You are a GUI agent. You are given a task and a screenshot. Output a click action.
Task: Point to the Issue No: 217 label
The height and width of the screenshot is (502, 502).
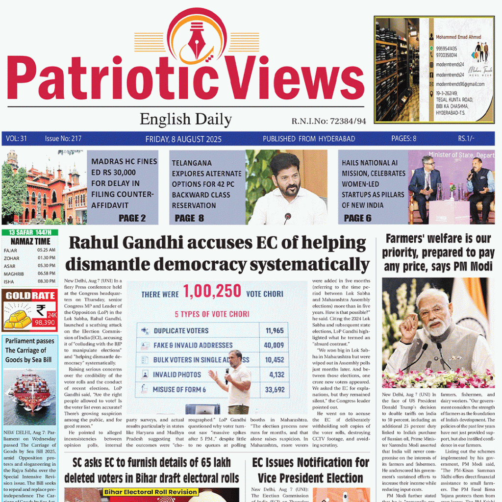[63, 139]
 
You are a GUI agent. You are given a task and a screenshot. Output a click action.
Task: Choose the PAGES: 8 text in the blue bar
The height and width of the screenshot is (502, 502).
[403, 139]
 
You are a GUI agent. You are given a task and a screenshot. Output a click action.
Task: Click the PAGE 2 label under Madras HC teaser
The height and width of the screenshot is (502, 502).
[132, 218]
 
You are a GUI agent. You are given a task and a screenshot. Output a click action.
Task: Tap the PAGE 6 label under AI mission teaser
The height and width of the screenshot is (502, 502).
[357, 218]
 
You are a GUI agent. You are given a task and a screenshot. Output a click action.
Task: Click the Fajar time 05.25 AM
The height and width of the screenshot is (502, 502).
[46, 250]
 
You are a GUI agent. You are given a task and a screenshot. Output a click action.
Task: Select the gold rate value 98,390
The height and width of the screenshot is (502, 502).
[44, 323]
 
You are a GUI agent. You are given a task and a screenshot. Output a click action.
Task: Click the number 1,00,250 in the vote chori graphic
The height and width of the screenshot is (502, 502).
[212, 292]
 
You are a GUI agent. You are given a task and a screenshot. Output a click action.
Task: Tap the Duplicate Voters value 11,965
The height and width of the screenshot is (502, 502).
[275, 330]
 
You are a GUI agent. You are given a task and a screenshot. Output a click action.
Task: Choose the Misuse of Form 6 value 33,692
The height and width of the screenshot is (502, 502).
[275, 390]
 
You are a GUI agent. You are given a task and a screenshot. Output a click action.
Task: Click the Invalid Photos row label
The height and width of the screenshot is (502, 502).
[177, 375]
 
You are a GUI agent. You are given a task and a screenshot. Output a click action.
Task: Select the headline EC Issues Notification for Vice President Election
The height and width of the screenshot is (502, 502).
[311, 470]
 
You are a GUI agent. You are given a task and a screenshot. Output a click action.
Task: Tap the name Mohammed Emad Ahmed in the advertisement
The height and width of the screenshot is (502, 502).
[458, 37]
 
